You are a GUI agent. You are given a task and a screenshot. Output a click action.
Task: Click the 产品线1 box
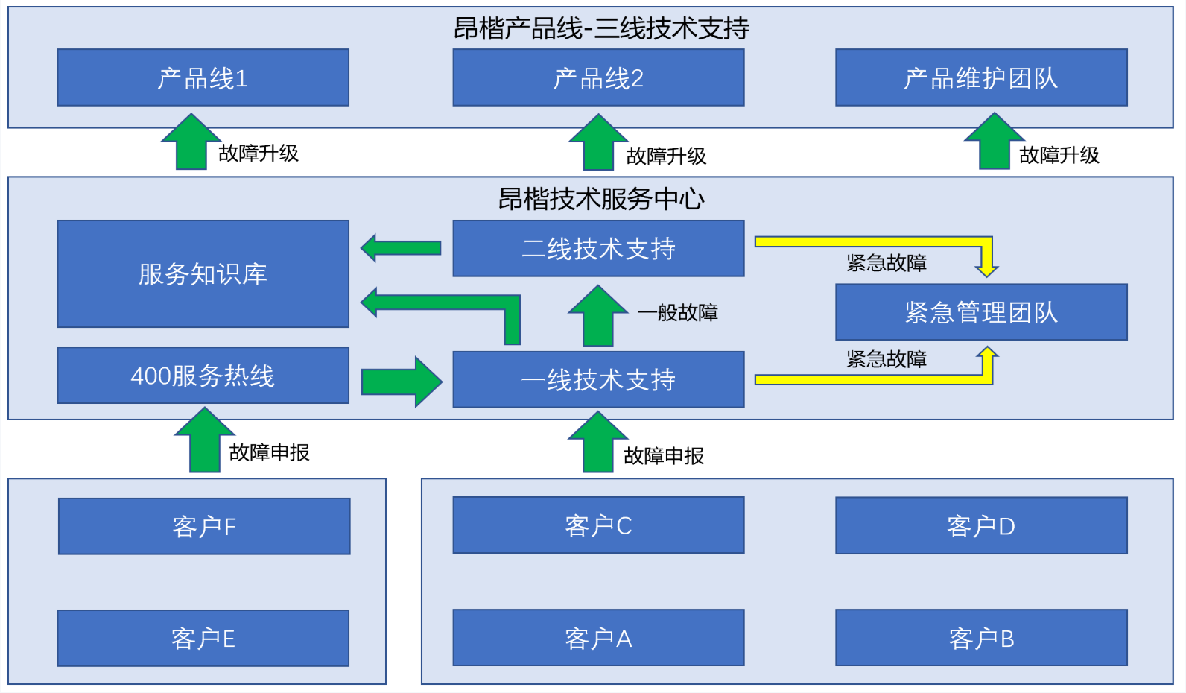(x=203, y=77)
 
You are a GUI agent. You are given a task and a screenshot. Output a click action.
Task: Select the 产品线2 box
(x=598, y=77)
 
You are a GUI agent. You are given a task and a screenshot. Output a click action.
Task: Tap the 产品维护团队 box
(x=981, y=77)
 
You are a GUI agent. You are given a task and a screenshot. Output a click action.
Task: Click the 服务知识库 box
(x=203, y=273)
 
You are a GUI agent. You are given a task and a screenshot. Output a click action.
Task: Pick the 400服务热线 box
(x=203, y=376)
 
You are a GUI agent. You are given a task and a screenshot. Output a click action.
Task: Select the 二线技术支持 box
(x=598, y=248)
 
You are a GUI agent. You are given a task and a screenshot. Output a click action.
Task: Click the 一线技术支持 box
(x=598, y=380)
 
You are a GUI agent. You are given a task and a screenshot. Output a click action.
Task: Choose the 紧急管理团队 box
(x=981, y=312)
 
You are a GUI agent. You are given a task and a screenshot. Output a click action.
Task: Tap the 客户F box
(x=204, y=526)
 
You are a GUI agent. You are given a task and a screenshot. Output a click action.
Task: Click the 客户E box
(x=203, y=638)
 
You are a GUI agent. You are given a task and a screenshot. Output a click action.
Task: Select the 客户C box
(x=598, y=525)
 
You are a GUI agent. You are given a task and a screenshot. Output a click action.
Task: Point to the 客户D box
(x=981, y=526)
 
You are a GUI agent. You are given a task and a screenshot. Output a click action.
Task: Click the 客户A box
(x=598, y=638)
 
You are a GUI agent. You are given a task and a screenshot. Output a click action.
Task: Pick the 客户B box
(x=981, y=638)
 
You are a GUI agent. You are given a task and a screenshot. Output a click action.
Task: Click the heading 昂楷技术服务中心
(x=600, y=199)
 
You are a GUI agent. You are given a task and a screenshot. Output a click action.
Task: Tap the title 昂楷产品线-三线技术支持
(x=600, y=28)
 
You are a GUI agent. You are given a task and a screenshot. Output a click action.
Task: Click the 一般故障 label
(x=677, y=312)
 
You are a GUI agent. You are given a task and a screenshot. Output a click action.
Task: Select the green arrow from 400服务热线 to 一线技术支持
(x=402, y=382)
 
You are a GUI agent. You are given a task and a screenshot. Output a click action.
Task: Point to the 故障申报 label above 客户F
(x=269, y=452)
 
